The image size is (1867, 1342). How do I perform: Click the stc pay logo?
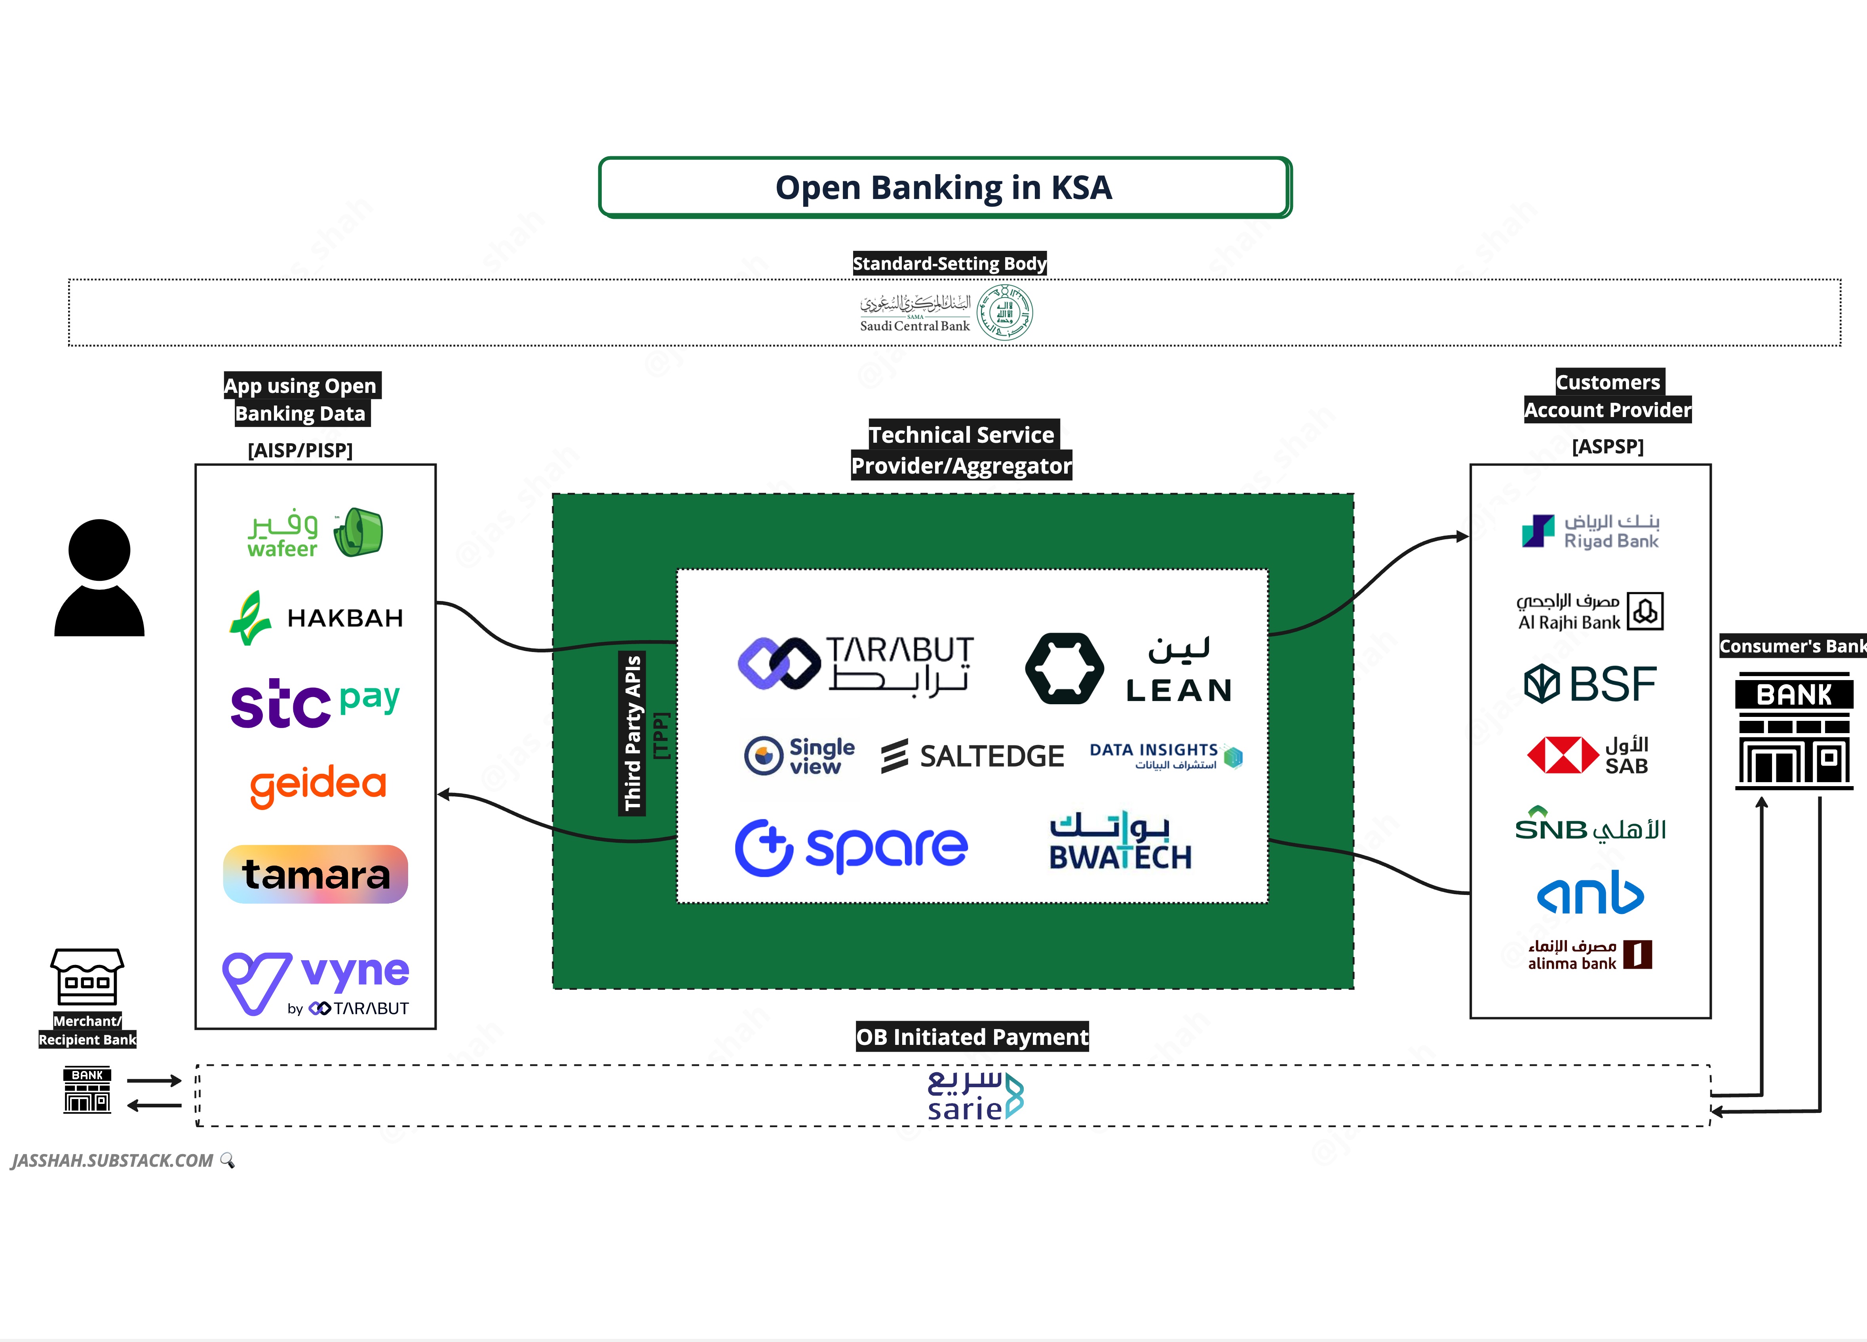315,703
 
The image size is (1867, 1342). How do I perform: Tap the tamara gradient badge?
315,874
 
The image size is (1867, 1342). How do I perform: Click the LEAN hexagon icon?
1065,668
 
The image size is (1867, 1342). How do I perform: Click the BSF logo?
1589,684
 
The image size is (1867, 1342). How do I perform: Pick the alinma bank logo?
1589,955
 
